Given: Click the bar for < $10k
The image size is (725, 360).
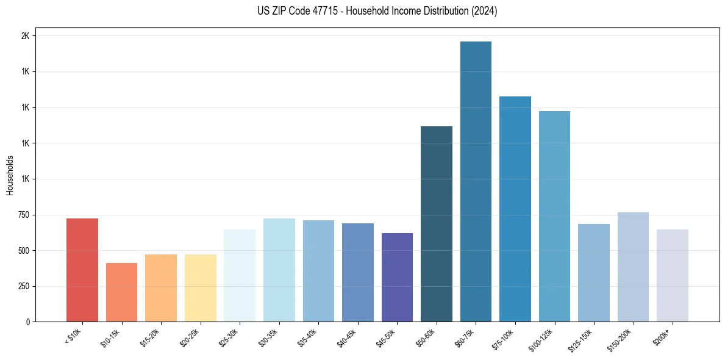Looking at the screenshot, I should [82, 270].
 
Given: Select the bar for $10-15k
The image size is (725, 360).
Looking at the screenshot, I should [121, 292].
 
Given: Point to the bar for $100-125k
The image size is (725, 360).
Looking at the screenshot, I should [554, 216].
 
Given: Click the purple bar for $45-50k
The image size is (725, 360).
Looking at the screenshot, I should [397, 277].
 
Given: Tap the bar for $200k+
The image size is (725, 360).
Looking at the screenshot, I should [673, 275].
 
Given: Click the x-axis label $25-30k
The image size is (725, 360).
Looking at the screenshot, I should [229, 337].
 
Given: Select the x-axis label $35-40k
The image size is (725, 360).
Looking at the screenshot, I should [308, 337].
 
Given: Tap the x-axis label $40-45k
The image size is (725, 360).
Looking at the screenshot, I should [348, 337].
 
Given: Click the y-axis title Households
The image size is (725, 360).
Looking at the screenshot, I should [10, 175].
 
